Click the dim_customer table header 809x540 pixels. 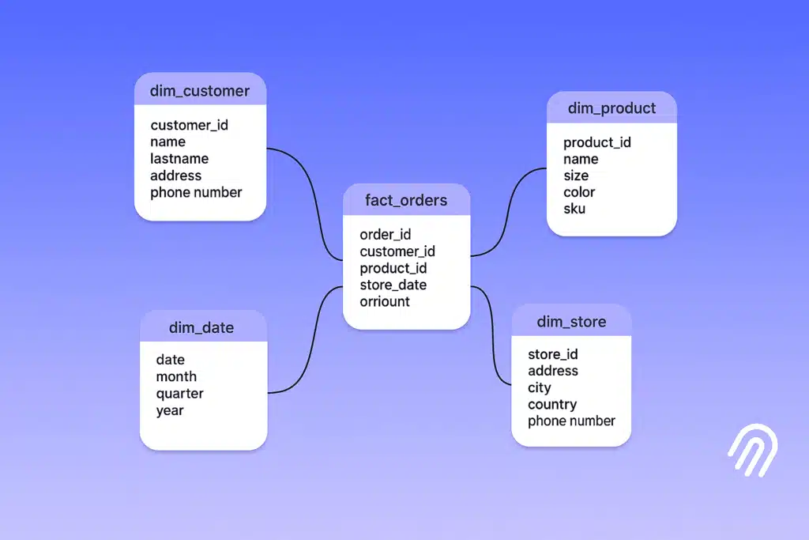[x=200, y=91]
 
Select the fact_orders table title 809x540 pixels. [x=406, y=200]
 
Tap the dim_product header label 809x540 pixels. [x=611, y=108]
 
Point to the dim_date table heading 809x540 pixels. [x=201, y=327]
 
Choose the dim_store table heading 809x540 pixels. [x=571, y=322]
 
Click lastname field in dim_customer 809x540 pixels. [x=179, y=159]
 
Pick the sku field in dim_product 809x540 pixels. [x=574, y=209]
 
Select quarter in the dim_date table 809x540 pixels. [x=179, y=394]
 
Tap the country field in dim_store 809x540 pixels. [x=552, y=404]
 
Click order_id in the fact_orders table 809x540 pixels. [x=386, y=235]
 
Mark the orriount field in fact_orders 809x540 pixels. [x=385, y=301]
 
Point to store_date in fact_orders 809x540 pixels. [x=393, y=285]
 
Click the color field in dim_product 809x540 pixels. [x=579, y=192]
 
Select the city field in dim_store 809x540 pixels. [x=540, y=387]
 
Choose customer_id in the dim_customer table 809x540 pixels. [x=190, y=125]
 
